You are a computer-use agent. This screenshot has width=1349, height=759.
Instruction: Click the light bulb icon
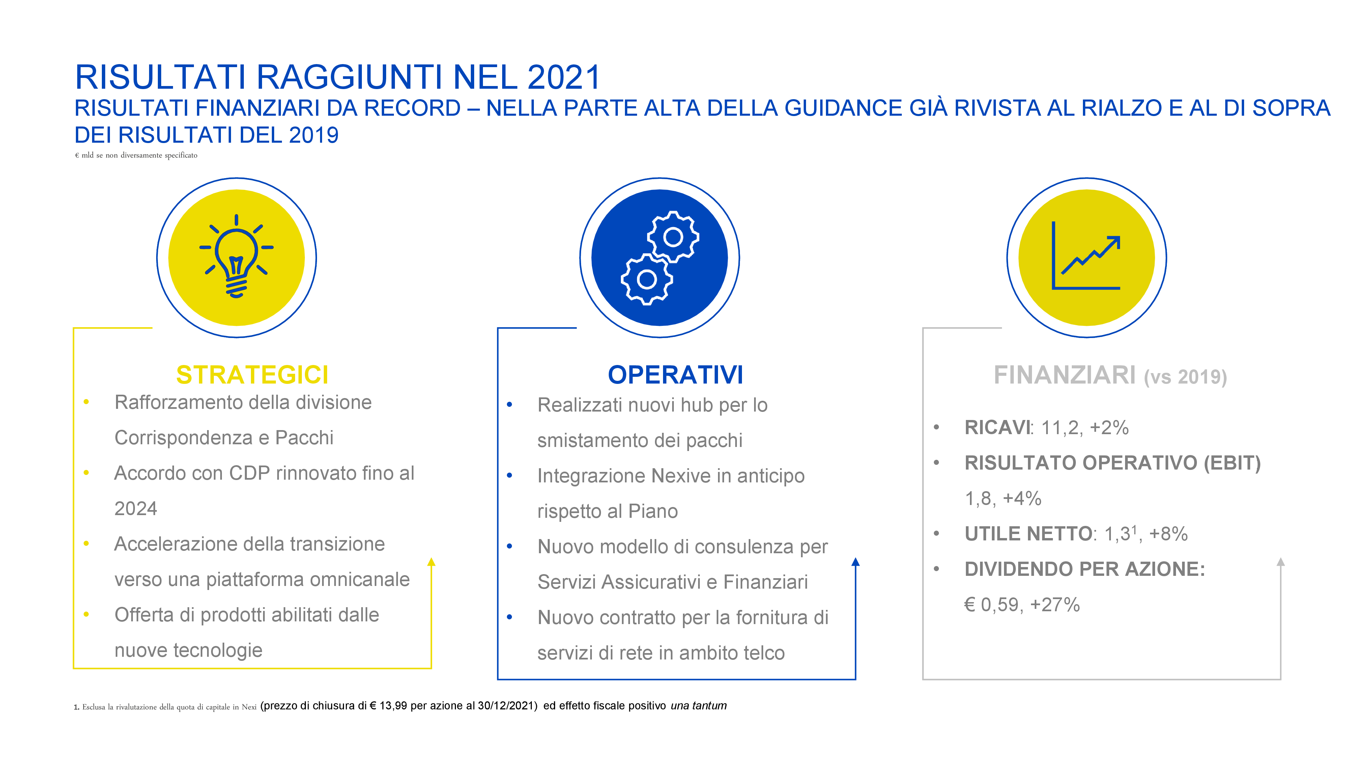(x=236, y=256)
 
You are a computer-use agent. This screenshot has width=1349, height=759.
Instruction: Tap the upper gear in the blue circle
(x=673, y=237)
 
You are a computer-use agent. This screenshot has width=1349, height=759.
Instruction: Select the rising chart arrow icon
(x=1086, y=256)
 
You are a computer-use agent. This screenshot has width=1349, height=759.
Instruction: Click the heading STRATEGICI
(x=252, y=374)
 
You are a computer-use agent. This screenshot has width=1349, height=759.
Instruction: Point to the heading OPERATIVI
(x=676, y=374)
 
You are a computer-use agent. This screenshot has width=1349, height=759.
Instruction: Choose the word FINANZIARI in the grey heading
(x=1065, y=375)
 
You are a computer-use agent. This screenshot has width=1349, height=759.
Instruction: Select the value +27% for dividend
(x=1055, y=605)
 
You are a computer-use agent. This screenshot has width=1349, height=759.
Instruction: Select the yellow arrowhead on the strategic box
(x=431, y=562)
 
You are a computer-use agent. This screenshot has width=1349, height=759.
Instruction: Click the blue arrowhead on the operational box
(x=855, y=562)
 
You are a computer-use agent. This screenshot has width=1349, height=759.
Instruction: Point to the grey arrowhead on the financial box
(x=1281, y=562)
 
